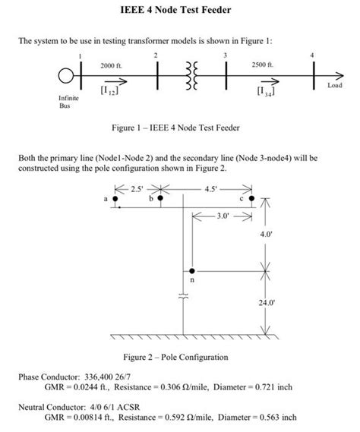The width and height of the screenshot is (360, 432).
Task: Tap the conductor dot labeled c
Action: coord(251,198)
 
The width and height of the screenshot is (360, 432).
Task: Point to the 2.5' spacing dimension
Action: coord(137,188)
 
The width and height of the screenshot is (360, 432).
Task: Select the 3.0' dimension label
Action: coord(222,216)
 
